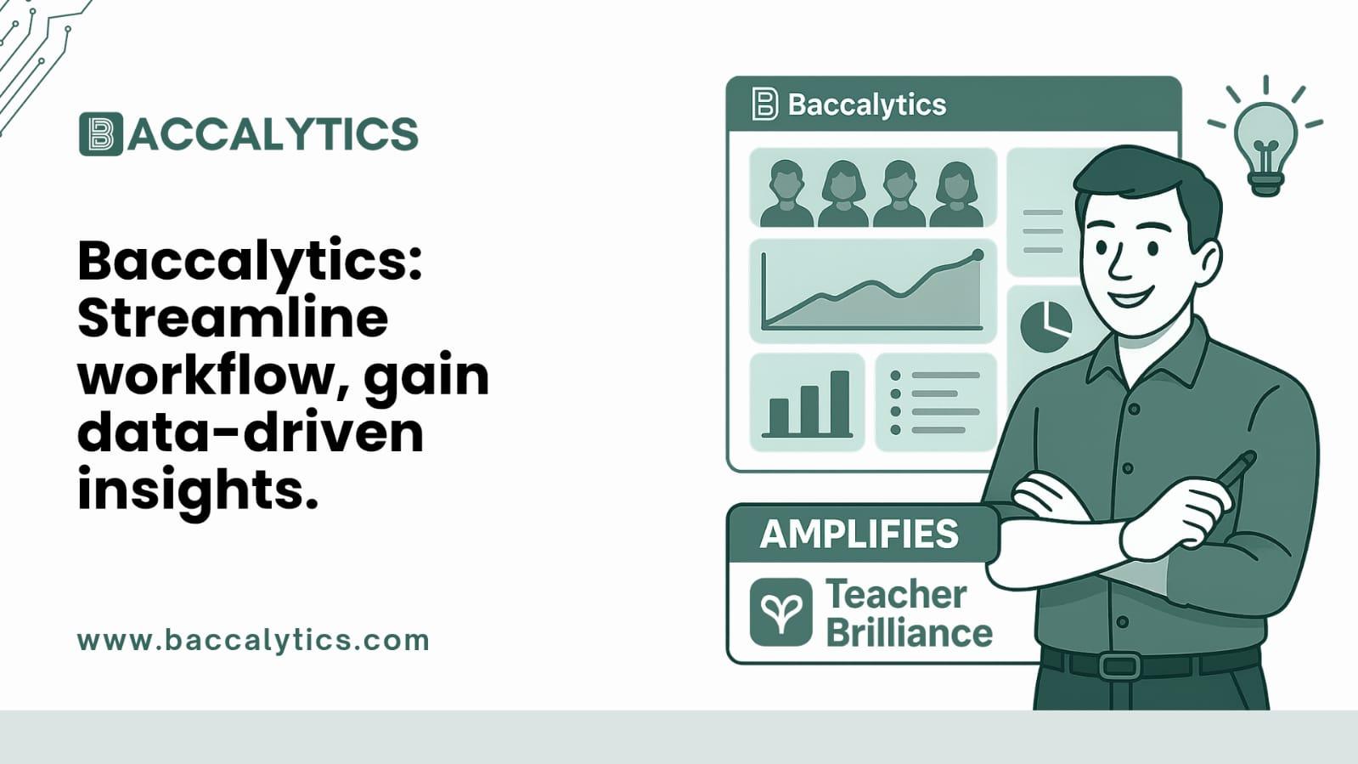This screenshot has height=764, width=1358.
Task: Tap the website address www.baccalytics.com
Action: [x=253, y=640]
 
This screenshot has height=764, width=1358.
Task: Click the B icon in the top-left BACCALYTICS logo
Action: [x=101, y=134]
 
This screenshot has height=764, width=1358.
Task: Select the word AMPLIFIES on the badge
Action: [x=859, y=535]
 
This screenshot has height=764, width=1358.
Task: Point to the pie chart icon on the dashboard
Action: [x=1045, y=326]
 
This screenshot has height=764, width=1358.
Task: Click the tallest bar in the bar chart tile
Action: [x=839, y=402]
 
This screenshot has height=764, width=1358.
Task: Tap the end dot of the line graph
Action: [x=978, y=255]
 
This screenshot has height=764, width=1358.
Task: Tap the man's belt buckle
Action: [x=1119, y=664]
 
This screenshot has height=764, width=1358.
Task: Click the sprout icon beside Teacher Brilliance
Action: [x=780, y=612]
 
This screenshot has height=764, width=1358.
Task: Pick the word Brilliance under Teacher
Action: [x=909, y=633]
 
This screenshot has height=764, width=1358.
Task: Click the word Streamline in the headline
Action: [x=233, y=318]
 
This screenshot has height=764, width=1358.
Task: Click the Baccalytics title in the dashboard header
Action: [x=866, y=105]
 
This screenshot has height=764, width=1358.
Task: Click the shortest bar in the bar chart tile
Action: [x=779, y=416]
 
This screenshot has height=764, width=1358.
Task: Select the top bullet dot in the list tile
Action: [x=895, y=376]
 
